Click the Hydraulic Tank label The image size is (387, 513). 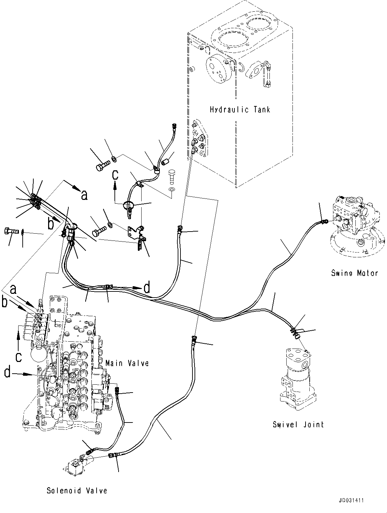(240, 110)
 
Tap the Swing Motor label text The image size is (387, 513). (354, 273)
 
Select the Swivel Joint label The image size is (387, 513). (298, 424)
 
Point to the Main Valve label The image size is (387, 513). (127, 363)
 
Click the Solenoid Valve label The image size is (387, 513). (77, 491)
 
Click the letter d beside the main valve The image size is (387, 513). (7, 372)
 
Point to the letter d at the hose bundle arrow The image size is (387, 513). (147, 288)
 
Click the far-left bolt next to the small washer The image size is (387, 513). (10, 231)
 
